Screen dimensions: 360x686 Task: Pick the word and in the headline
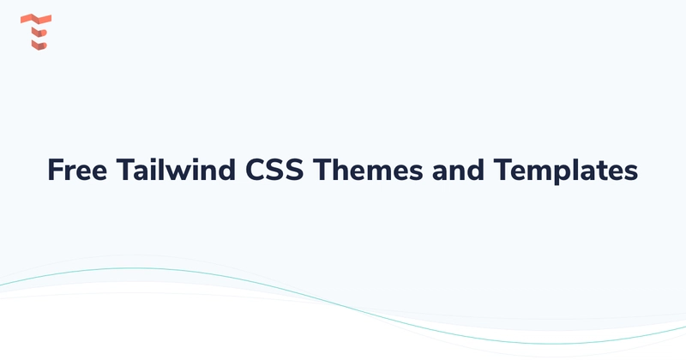pos(456,170)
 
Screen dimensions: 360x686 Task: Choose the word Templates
pos(565,170)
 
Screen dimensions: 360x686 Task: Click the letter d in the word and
pos(474,170)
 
